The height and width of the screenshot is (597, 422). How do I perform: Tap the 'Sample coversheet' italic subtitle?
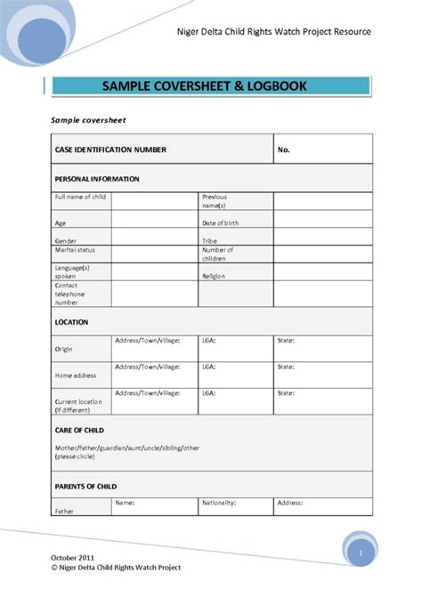point(89,119)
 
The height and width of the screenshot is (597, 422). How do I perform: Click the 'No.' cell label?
point(284,149)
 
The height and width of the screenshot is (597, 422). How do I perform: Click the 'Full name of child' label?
point(80,197)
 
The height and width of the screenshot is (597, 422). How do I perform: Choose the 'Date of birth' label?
point(220,222)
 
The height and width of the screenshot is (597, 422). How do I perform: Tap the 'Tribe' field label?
point(210,240)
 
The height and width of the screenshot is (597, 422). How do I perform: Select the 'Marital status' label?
point(75,251)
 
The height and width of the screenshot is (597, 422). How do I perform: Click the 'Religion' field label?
point(215,277)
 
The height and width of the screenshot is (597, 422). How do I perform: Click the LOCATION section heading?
point(71,322)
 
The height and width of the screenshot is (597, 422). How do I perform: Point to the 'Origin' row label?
point(64,350)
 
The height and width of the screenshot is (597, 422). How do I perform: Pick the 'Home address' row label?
point(76,376)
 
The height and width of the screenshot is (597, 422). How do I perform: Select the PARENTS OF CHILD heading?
point(85,486)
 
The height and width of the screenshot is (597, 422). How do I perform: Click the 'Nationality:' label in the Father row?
point(218,503)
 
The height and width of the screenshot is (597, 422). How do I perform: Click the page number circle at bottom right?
point(361,553)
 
